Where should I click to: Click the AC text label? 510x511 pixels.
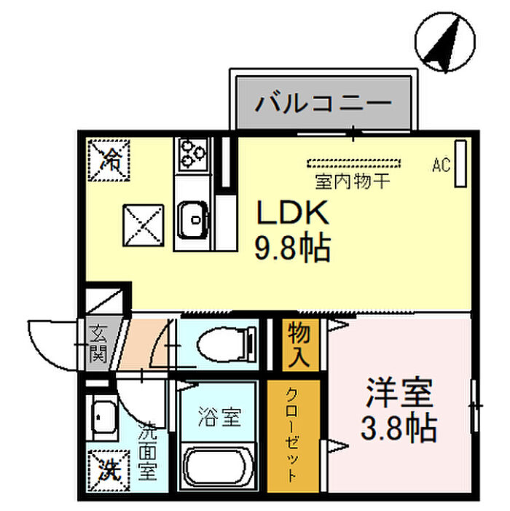pos(440,165)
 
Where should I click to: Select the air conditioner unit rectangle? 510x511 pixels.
pos(460,163)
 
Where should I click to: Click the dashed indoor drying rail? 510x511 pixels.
pos(353,161)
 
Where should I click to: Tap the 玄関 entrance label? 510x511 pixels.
pos(98,345)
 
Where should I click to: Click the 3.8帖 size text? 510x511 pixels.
pos(399,429)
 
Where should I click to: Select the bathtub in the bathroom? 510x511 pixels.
pos(219,469)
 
